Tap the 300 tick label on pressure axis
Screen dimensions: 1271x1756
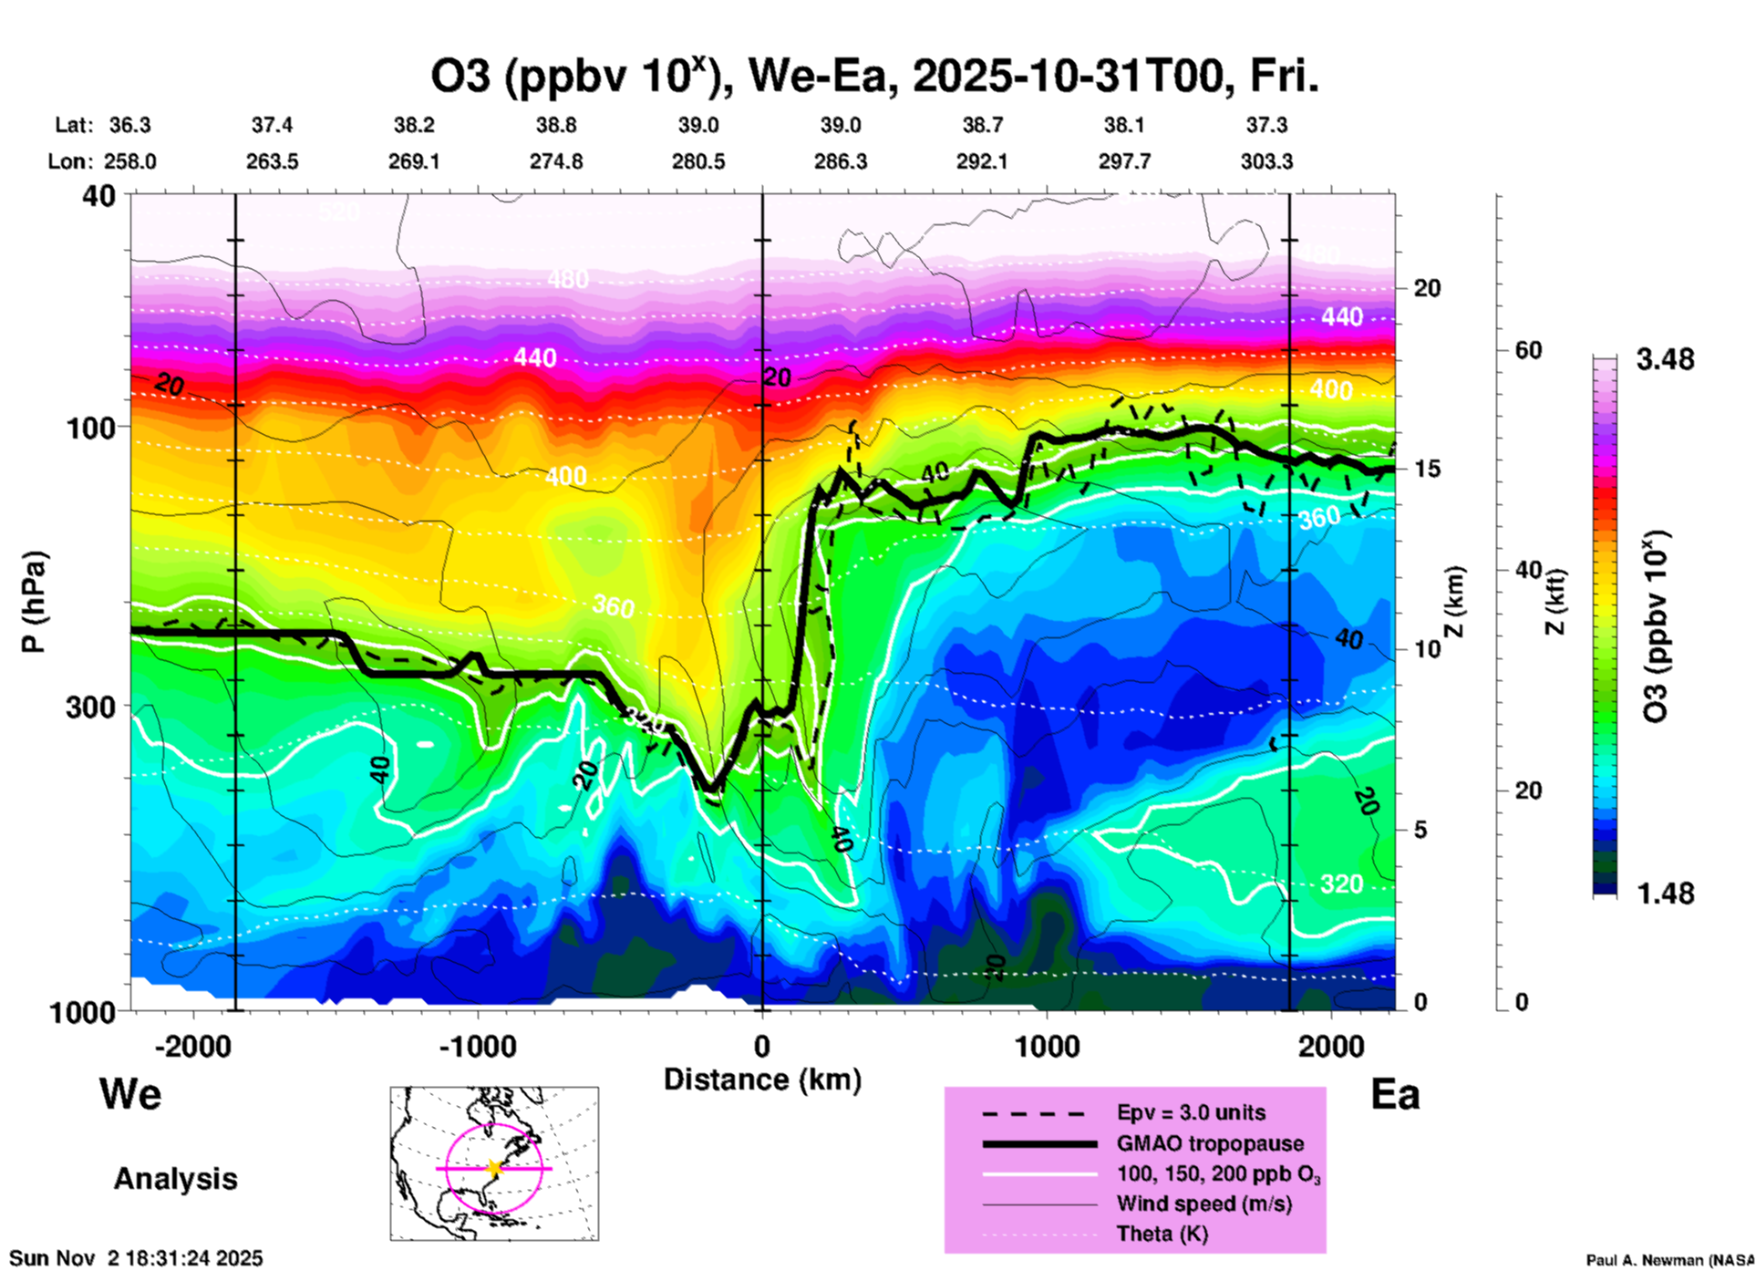click(89, 708)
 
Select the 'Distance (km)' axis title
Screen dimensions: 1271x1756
click(762, 1080)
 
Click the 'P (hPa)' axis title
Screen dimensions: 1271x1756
click(34, 602)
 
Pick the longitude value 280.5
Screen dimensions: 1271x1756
click(698, 162)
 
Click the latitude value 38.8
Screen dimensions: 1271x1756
click(556, 125)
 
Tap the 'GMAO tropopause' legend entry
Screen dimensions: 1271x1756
click(1210, 1143)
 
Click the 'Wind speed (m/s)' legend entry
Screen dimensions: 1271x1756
click(1203, 1204)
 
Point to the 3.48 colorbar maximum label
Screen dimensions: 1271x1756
click(1665, 360)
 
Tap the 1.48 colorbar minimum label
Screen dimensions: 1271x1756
click(1665, 894)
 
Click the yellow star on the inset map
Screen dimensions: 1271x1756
click(494, 1168)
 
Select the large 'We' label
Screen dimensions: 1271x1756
click(130, 1094)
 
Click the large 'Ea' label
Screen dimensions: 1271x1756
click(1395, 1095)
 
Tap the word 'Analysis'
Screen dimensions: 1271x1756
click(175, 1179)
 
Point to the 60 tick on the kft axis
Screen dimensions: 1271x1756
click(1529, 351)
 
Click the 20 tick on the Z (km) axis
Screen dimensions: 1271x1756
click(1427, 288)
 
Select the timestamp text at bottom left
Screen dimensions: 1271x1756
click(136, 1258)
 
